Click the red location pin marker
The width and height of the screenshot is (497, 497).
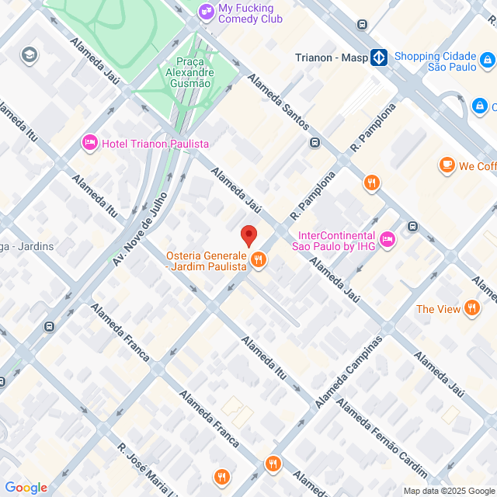[x=248, y=235]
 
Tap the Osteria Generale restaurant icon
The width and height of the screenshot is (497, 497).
[x=259, y=260]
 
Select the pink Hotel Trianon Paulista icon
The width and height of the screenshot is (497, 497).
[x=89, y=143]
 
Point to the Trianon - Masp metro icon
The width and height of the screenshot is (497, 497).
[x=378, y=57]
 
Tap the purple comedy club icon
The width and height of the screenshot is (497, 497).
[x=205, y=11]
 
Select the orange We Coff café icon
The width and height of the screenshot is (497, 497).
[x=447, y=165]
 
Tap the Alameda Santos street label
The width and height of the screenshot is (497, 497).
[x=279, y=101]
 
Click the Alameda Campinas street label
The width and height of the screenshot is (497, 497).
[x=349, y=373]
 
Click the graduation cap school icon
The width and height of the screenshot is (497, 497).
[x=30, y=54]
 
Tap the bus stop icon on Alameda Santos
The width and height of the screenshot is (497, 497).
[x=315, y=142]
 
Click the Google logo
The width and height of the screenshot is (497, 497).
[x=26, y=487]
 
